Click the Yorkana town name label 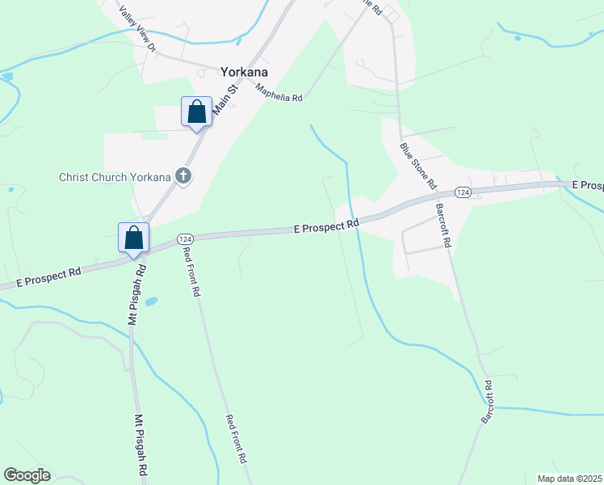point(244,71)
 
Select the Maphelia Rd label point(279,92)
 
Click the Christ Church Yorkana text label point(115,177)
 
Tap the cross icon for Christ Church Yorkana point(183,175)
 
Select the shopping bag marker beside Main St point(197,112)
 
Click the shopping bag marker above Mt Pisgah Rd point(134,238)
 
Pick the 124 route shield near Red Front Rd point(185,239)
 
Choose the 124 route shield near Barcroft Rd point(462,192)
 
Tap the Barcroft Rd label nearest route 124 point(443,226)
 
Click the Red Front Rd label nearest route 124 point(191,272)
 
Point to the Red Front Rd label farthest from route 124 point(235,438)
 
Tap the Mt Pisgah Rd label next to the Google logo point(140,445)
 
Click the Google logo point(27,475)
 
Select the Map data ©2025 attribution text point(570,479)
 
